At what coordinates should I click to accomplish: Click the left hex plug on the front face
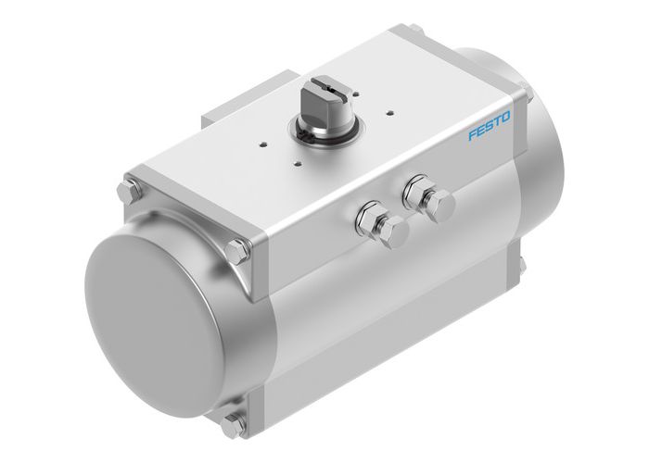coord(373,222)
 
